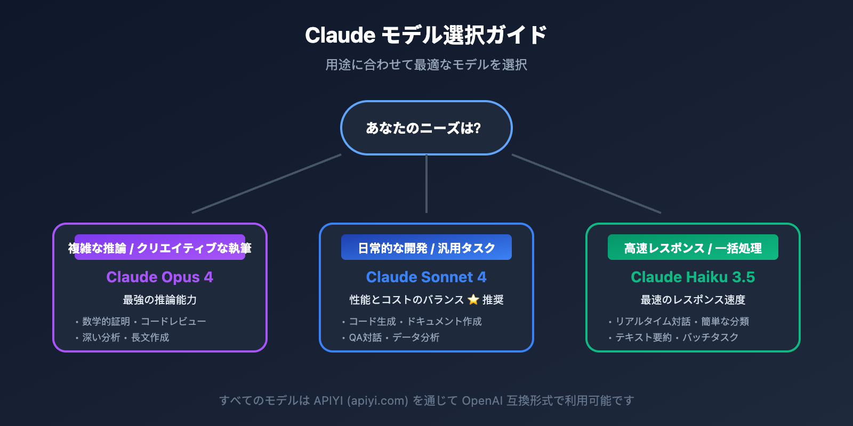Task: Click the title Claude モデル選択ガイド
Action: click(426, 35)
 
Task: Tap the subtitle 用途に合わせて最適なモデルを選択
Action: click(426, 65)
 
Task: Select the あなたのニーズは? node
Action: click(426, 128)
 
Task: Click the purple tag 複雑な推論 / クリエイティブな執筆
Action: click(160, 248)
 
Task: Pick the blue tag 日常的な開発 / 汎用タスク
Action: click(426, 248)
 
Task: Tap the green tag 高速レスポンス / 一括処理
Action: click(693, 248)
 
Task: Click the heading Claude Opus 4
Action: click(159, 277)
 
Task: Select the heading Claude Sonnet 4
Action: click(426, 277)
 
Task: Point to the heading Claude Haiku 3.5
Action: click(693, 277)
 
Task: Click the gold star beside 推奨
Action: click(473, 300)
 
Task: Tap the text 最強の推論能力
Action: click(159, 300)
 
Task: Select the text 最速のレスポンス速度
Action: click(693, 300)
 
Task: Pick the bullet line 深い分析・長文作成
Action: click(126, 337)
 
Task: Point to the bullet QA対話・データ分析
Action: click(394, 337)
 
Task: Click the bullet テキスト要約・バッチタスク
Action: click(677, 337)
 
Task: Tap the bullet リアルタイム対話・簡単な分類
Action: click(682, 321)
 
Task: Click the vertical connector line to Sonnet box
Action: click(426, 184)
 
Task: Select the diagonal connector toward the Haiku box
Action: click(586, 184)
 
